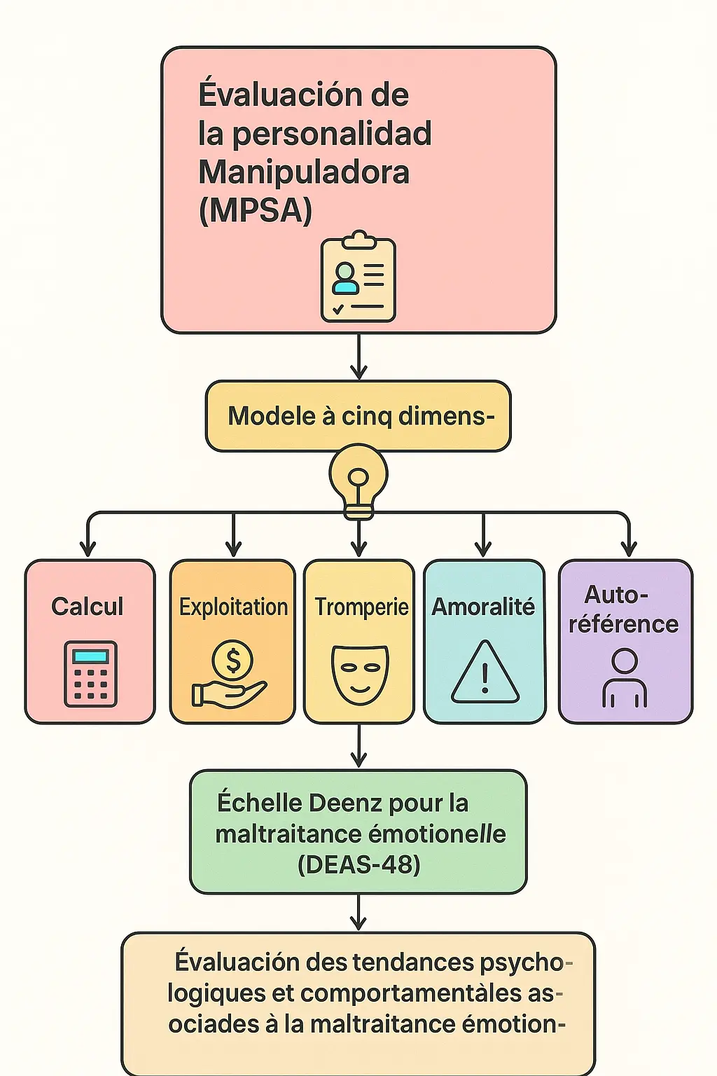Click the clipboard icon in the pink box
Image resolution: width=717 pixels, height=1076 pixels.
(358, 278)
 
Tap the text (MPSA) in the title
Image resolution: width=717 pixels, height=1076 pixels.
(255, 211)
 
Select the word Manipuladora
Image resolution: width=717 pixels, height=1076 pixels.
(304, 172)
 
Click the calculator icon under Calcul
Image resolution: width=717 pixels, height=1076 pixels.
(91, 674)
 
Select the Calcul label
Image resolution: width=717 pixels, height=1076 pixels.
(88, 607)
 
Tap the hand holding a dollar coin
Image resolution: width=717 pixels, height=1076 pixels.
(230, 676)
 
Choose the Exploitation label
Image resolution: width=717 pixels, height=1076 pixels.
(233, 607)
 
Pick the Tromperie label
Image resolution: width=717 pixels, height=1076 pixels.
(361, 607)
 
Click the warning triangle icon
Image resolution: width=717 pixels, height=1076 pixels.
(485, 672)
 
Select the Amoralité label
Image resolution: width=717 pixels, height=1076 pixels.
(483, 607)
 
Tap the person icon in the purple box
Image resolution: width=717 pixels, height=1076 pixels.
(625, 677)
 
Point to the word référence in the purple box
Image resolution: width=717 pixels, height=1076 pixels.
(623, 624)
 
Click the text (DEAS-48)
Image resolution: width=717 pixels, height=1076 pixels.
(358, 864)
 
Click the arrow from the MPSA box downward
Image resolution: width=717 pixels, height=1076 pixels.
(358, 357)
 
